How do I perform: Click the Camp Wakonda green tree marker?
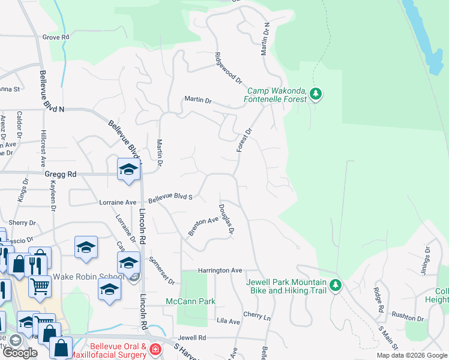(316, 94)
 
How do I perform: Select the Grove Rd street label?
(56, 37)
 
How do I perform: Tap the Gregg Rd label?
(61, 175)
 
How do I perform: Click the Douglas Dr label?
(226, 218)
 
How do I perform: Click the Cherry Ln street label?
(257, 314)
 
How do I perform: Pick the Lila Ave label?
(228, 322)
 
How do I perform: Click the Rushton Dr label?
(408, 314)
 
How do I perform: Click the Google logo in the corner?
(20, 353)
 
